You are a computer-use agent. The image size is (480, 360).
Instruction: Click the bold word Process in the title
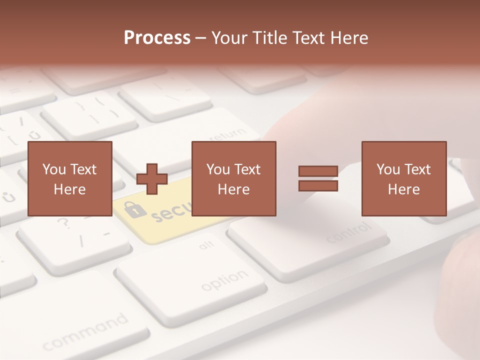point(157,38)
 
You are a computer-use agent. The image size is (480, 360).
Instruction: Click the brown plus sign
point(152,179)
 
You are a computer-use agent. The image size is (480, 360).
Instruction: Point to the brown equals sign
point(318,179)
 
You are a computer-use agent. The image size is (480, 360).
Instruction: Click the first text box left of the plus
point(69,178)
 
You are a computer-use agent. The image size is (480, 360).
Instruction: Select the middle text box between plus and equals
point(233,178)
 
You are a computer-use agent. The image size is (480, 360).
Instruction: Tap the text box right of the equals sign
point(403,178)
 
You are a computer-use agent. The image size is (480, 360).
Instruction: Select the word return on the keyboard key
point(227,135)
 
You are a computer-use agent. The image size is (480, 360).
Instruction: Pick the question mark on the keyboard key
point(63,223)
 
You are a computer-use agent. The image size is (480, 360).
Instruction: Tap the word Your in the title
point(228,38)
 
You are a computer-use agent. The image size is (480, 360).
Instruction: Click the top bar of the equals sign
point(318,171)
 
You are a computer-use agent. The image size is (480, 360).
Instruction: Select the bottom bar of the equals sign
point(318,186)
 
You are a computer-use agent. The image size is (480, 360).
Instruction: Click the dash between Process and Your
point(201,38)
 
